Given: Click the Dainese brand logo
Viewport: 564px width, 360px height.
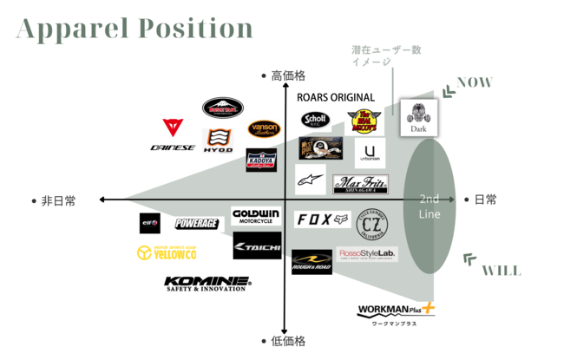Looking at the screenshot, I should click(x=173, y=137).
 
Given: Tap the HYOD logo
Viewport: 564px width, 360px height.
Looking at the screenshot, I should click(x=218, y=140).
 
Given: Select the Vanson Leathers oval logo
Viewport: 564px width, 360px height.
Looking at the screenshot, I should click(x=263, y=128).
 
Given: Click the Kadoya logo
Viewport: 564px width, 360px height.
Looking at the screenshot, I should click(x=261, y=160).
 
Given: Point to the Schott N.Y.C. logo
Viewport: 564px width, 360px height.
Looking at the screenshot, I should click(x=314, y=121).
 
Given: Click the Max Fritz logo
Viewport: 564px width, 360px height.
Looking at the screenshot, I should click(x=360, y=185).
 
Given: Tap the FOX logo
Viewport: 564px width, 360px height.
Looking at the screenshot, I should click(x=322, y=220).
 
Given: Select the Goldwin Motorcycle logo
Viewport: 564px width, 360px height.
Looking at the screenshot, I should click(x=256, y=216).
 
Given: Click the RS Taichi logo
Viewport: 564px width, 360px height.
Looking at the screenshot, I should click(x=257, y=246).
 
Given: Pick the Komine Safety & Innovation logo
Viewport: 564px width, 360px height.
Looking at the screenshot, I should click(x=207, y=284).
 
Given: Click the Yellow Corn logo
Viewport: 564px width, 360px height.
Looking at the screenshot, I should click(x=167, y=253).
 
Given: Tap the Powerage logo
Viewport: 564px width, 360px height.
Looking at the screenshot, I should click(x=195, y=224).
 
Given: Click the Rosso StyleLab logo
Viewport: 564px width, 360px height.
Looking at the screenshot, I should click(x=366, y=253).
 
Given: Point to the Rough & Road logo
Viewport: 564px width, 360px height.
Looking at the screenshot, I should click(x=312, y=262).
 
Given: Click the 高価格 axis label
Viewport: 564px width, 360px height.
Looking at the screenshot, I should click(x=288, y=76).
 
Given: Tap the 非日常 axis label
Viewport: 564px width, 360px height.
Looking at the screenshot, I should click(x=58, y=200).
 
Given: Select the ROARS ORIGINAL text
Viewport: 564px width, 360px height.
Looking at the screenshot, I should click(x=335, y=98).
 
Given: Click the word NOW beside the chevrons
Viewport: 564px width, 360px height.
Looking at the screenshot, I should click(x=475, y=83).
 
